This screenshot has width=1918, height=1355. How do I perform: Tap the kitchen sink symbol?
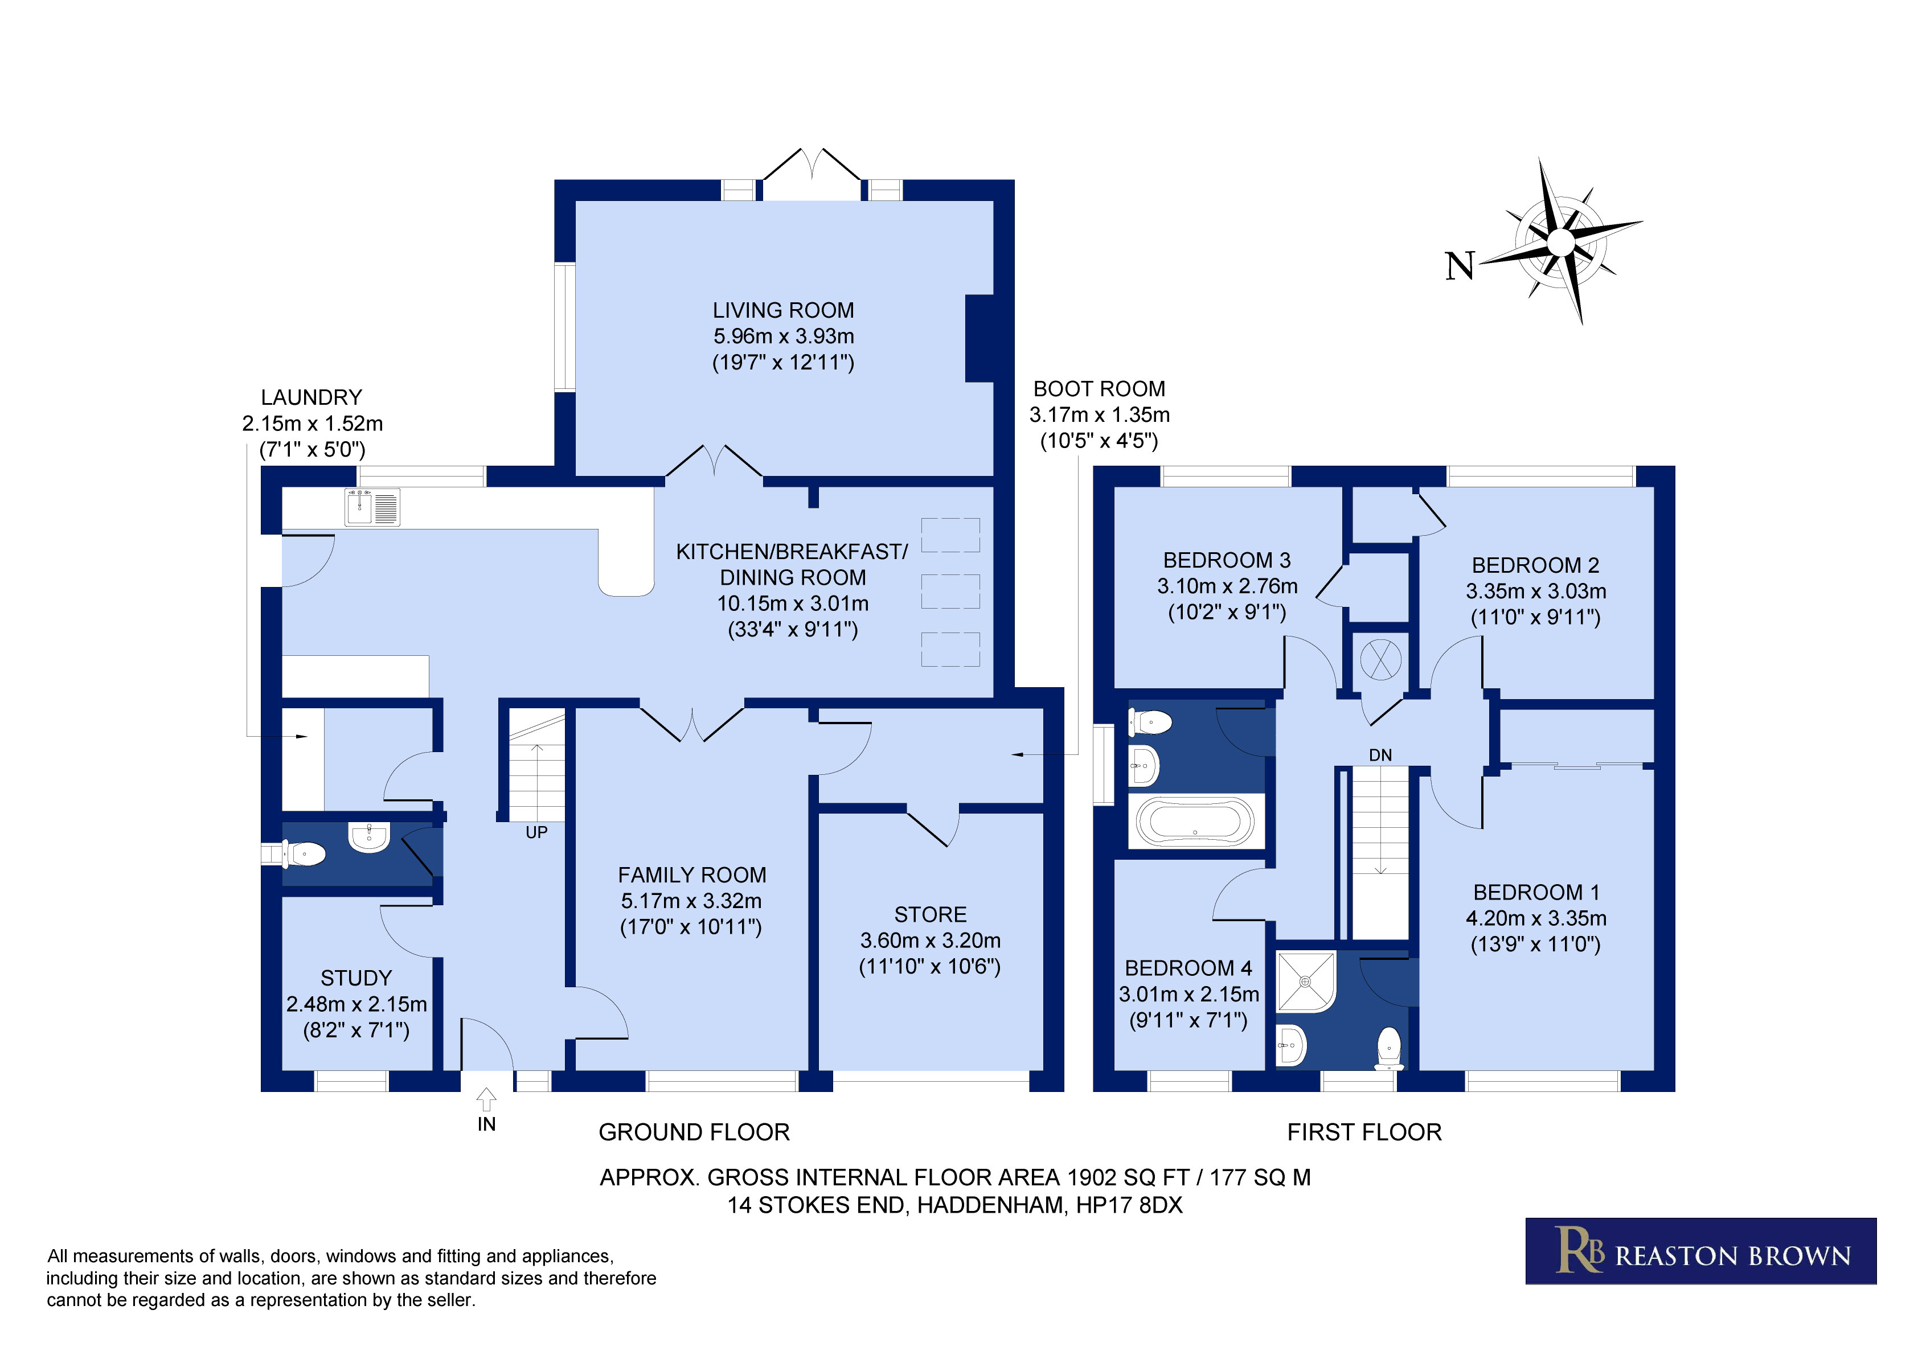[x=372, y=508]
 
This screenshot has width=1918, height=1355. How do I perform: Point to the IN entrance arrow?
[x=486, y=1099]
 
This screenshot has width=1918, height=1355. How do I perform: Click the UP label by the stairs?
[x=536, y=832]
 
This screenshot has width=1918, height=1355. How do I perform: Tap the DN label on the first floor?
[x=1380, y=755]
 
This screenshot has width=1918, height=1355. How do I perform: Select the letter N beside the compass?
[x=1460, y=266]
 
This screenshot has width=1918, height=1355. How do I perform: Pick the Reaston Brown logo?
[x=1701, y=1251]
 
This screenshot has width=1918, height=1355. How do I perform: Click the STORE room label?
[x=930, y=915]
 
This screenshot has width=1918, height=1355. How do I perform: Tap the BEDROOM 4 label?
[x=1188, y=968]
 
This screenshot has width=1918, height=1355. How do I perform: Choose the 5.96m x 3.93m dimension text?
[x=782, y=336]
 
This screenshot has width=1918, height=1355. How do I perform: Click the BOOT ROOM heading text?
[x=1099, y=389]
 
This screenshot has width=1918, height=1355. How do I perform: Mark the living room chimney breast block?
[x=980, y=338]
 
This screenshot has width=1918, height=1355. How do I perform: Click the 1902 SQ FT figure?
[x=1128, y=1178]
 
